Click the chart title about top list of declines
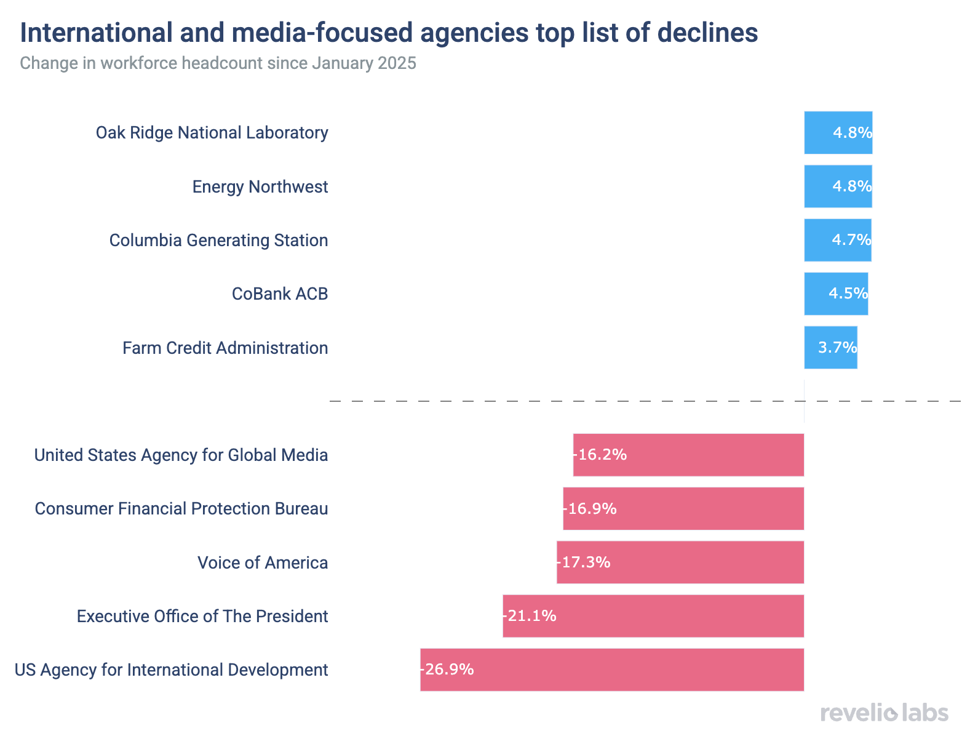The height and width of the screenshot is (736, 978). coord(389,33)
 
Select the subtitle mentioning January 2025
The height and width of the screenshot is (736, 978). coord(218,63)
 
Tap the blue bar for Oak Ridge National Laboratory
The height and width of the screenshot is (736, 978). coord(838,133)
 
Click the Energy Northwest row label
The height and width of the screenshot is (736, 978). coord(260,186)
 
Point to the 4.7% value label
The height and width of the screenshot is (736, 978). coord(851,240)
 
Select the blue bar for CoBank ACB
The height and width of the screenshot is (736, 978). coord(836,294)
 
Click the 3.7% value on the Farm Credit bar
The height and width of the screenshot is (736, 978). coord(837,348)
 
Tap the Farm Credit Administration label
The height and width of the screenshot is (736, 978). coord(225,348)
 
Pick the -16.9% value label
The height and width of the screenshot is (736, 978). coord(590,508)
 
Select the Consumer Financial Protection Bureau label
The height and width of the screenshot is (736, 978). coord(181,508)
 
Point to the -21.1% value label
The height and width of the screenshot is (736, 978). coord(530,616)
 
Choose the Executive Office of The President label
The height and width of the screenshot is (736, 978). coord(202,616)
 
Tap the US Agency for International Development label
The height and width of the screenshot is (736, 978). coord(172,670)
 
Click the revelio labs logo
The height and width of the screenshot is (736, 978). coord(884,713)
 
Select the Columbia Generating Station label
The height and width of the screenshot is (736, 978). coord(218,240)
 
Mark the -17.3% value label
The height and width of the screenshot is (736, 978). coord(584,562)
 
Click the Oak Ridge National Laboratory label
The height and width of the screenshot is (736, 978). coord(212,133)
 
